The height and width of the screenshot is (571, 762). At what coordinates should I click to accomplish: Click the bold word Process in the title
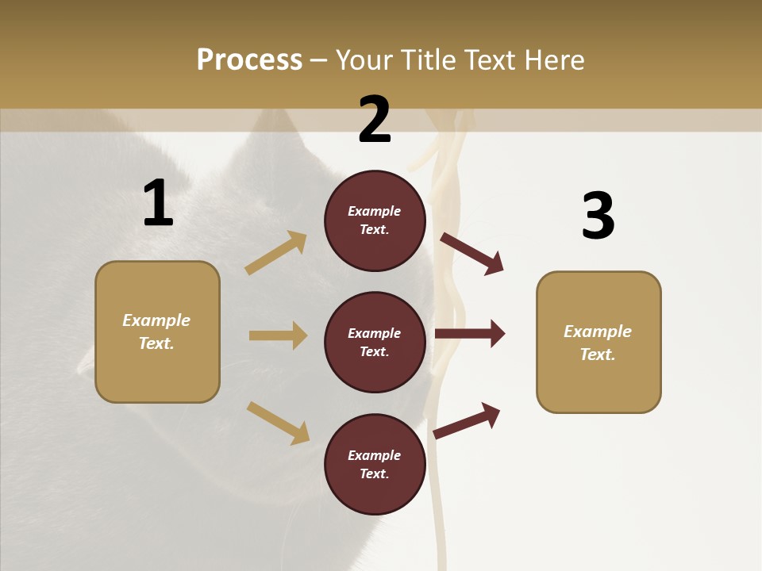[249, 60]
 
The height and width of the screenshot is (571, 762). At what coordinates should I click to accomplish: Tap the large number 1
[158, 204]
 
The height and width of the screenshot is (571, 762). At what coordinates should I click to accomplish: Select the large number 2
[375, 120]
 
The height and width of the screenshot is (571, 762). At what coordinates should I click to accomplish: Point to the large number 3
[598, 216]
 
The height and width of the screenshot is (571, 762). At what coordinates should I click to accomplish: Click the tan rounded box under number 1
[157, 331]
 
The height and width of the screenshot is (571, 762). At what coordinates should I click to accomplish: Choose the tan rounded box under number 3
[598, 342]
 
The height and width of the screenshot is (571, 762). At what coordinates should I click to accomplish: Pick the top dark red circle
[375, 220]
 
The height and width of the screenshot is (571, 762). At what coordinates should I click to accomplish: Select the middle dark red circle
[375, 342]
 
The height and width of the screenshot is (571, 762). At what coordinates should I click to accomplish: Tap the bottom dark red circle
[375, 464]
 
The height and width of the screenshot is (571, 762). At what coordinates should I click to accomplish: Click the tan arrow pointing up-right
[276, 253]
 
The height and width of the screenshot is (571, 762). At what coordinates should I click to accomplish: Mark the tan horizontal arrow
[278, 335]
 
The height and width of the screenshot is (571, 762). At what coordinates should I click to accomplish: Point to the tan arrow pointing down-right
[278, 423]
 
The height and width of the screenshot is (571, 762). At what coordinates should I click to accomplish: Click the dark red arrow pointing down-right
[472, 253]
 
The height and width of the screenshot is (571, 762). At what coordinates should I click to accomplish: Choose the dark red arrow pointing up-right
[468, 420]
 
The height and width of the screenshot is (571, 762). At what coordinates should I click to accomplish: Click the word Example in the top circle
[374, 211]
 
